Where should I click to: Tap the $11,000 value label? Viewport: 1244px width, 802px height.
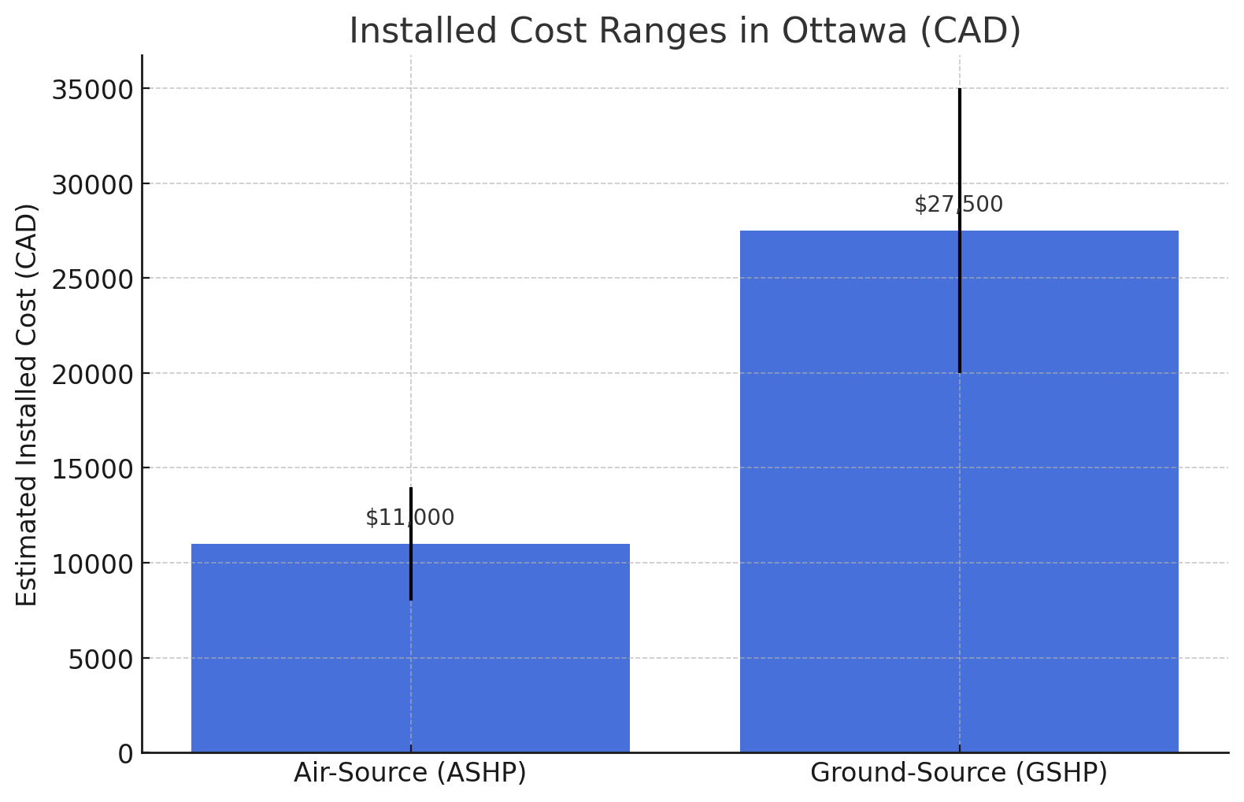pyautogui.click(x=410, y=518)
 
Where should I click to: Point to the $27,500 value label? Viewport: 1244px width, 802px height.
pyautogui.click(x=959, y=205)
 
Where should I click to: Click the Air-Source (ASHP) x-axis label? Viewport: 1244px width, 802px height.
pyautogui.click(x=410, y=774)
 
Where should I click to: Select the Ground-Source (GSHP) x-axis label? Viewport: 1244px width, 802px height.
pyautogui.click(x=959, y=774)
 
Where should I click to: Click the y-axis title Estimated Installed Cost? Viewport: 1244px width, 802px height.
pyautogui.click(x=28, y=405)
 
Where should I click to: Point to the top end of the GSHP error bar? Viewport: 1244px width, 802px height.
pyautogui.click(x=960, y=90)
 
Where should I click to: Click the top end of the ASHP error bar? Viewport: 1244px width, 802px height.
pyautogui.click(x=411, y=489)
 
